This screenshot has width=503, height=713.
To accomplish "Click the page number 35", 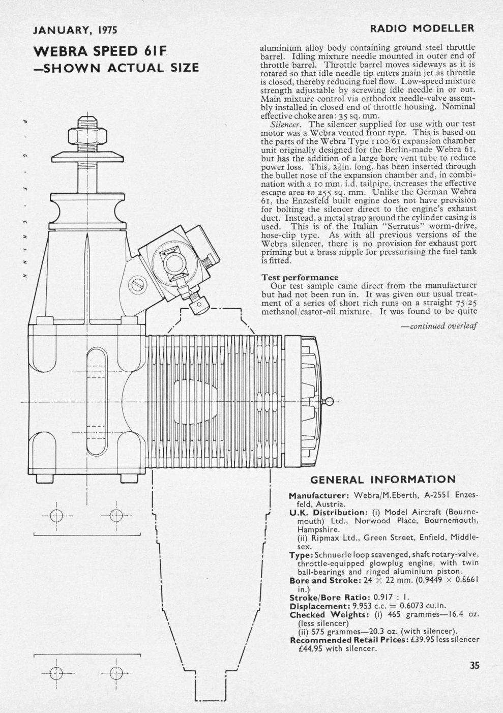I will click(x=475, y=665).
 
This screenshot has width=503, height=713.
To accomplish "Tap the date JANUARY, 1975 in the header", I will click(x=75, y=29).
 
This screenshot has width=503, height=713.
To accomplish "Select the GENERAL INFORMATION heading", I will click(x=383, y=480).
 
